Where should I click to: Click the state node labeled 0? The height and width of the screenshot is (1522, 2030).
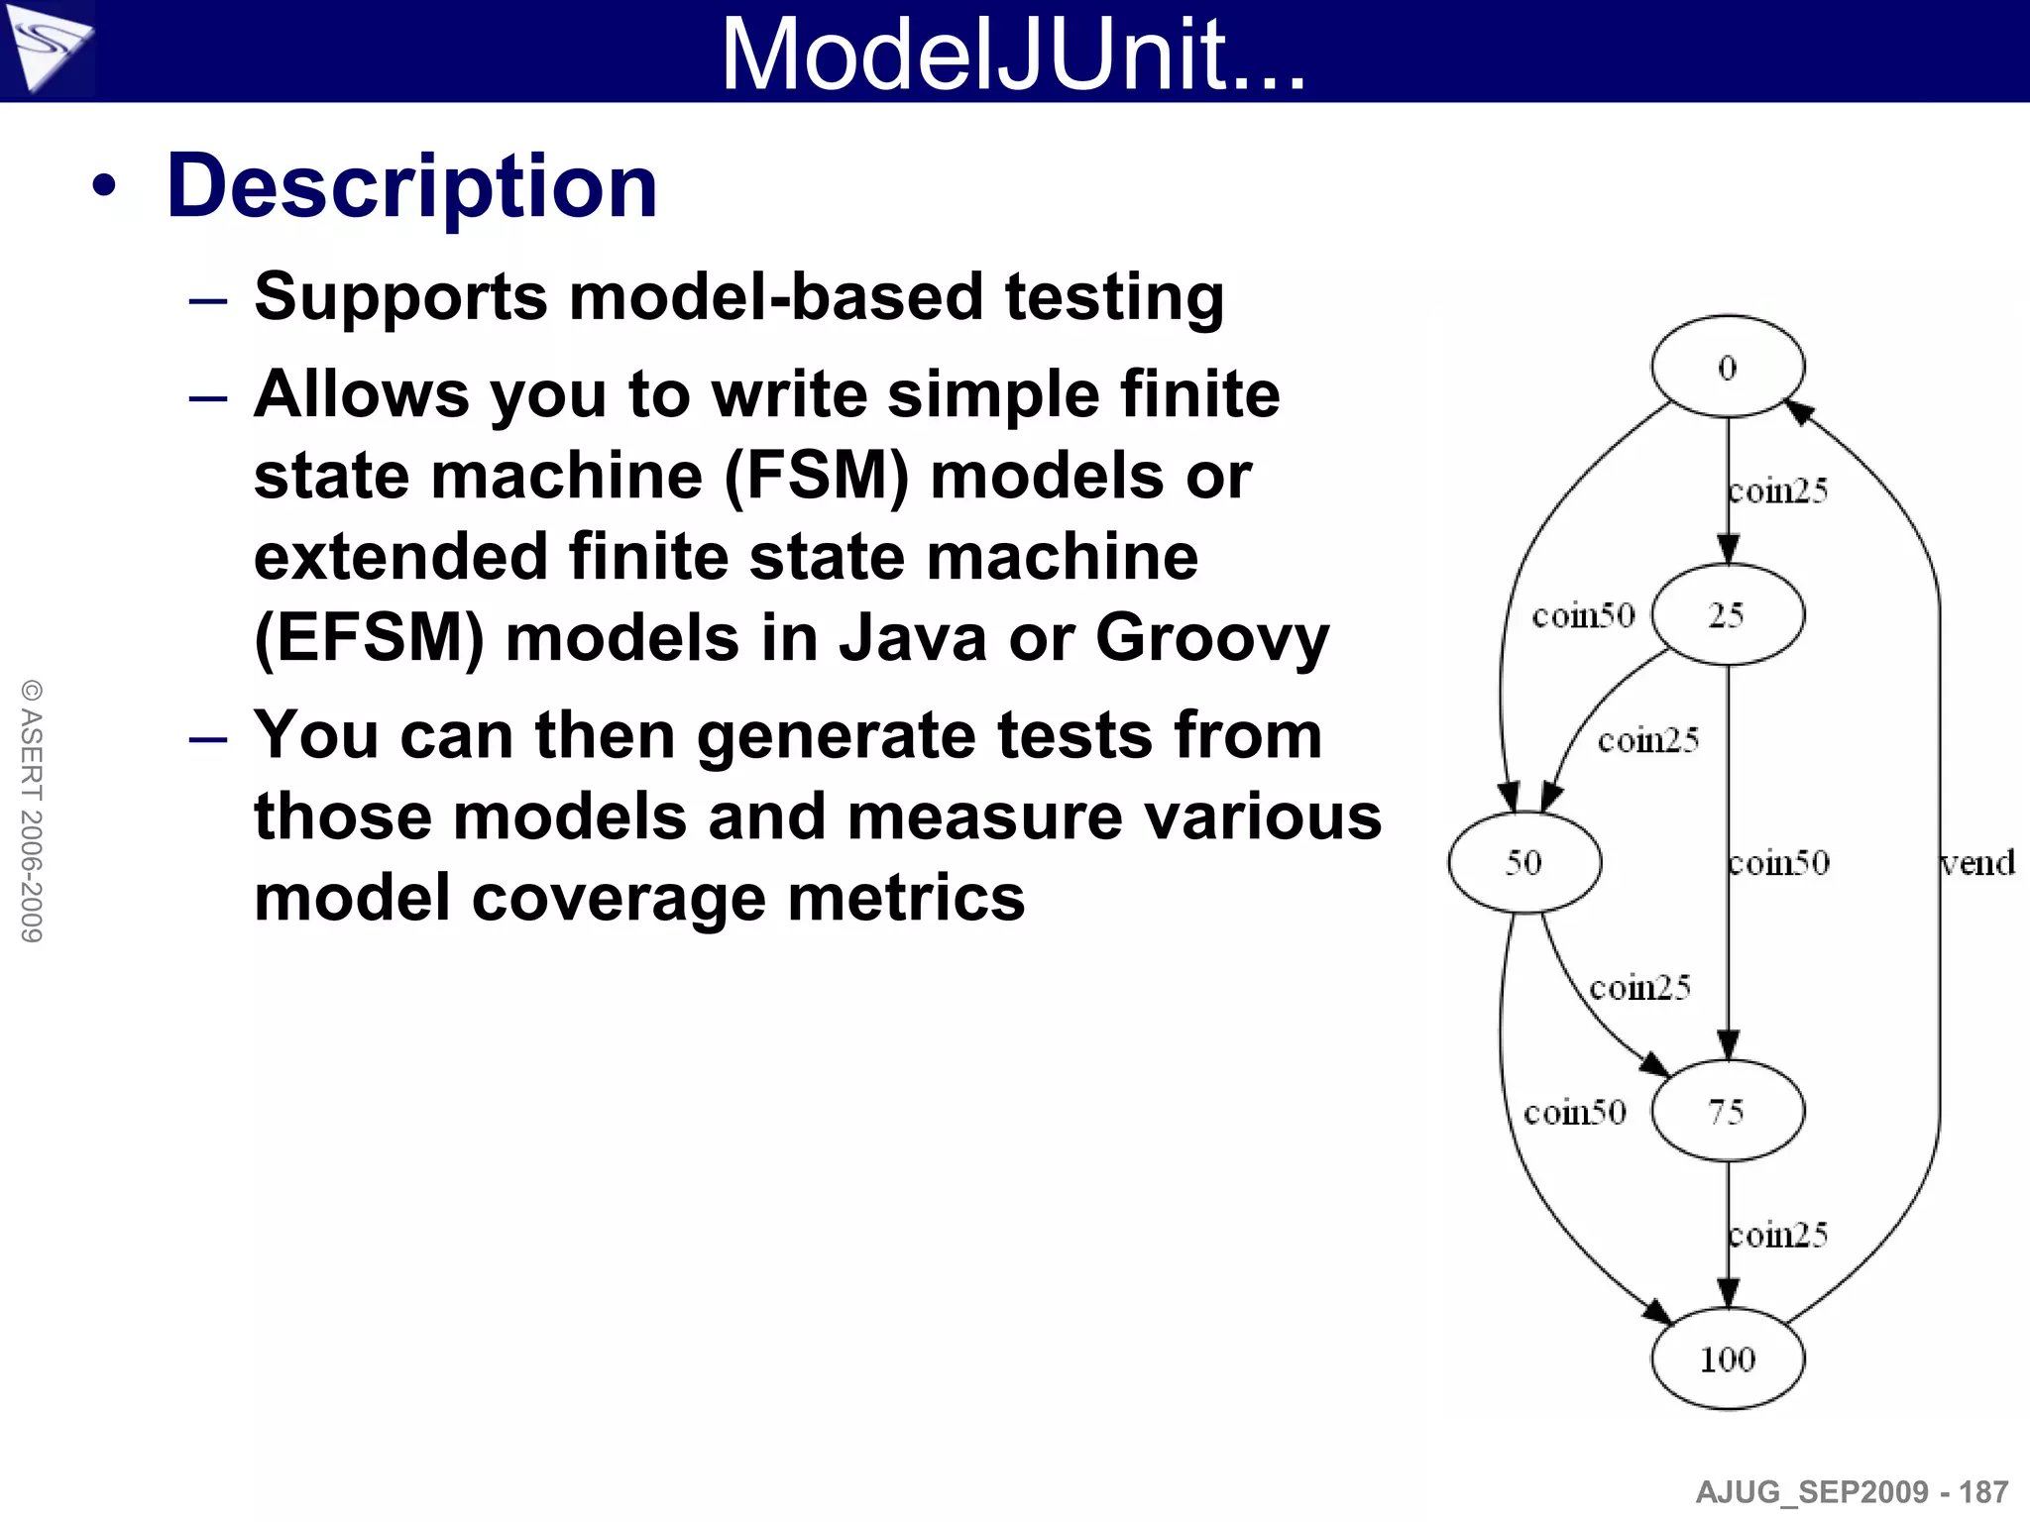coord(1727,367)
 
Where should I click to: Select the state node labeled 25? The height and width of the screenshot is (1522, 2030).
coord(1727,614)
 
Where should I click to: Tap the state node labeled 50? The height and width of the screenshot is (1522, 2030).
coord(1523,862)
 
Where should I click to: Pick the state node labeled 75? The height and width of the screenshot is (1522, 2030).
coord(1727,1111)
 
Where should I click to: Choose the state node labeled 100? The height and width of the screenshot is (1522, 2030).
coord(1727,1359)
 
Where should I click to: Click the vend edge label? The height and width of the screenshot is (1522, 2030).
coord(1977,863)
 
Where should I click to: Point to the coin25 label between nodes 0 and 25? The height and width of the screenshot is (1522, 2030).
coord(1778,490)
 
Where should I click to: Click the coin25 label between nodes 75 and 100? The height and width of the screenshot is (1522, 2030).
coord(1778,1235)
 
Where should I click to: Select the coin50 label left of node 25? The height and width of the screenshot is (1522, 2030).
coord(1583,615)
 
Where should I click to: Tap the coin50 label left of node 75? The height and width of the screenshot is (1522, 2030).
coord(1574,1112)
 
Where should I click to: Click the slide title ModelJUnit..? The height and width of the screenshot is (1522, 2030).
coord(1013,54)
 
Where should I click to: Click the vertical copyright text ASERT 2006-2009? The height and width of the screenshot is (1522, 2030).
coord(32,811)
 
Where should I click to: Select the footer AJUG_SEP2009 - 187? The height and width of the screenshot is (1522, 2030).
coord(1851,1491)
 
